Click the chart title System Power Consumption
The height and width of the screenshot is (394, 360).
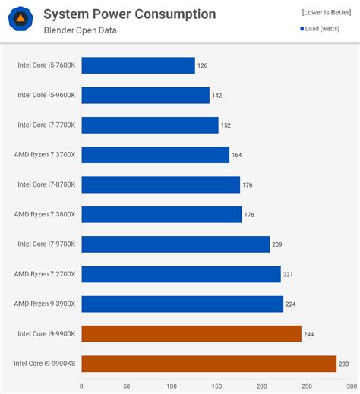point(129,14)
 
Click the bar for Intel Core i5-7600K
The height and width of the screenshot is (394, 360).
point(138,65)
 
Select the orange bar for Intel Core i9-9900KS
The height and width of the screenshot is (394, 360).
point(209,364)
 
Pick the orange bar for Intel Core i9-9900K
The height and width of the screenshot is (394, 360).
point(191,334)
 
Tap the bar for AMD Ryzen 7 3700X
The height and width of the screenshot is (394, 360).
point(155,155)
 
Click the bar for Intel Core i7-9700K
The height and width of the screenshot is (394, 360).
point(175,244)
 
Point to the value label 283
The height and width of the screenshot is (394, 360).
point(344,364)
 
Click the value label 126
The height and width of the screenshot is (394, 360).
point(202,66)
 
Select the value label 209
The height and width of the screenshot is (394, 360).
point(277,244)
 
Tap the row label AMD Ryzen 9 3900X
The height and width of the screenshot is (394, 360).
point(45,304)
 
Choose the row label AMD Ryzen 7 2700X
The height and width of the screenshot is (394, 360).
point(45,274)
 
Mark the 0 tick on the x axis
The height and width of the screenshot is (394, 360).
point(82,386)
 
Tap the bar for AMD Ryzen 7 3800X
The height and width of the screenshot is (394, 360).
point(162,215)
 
